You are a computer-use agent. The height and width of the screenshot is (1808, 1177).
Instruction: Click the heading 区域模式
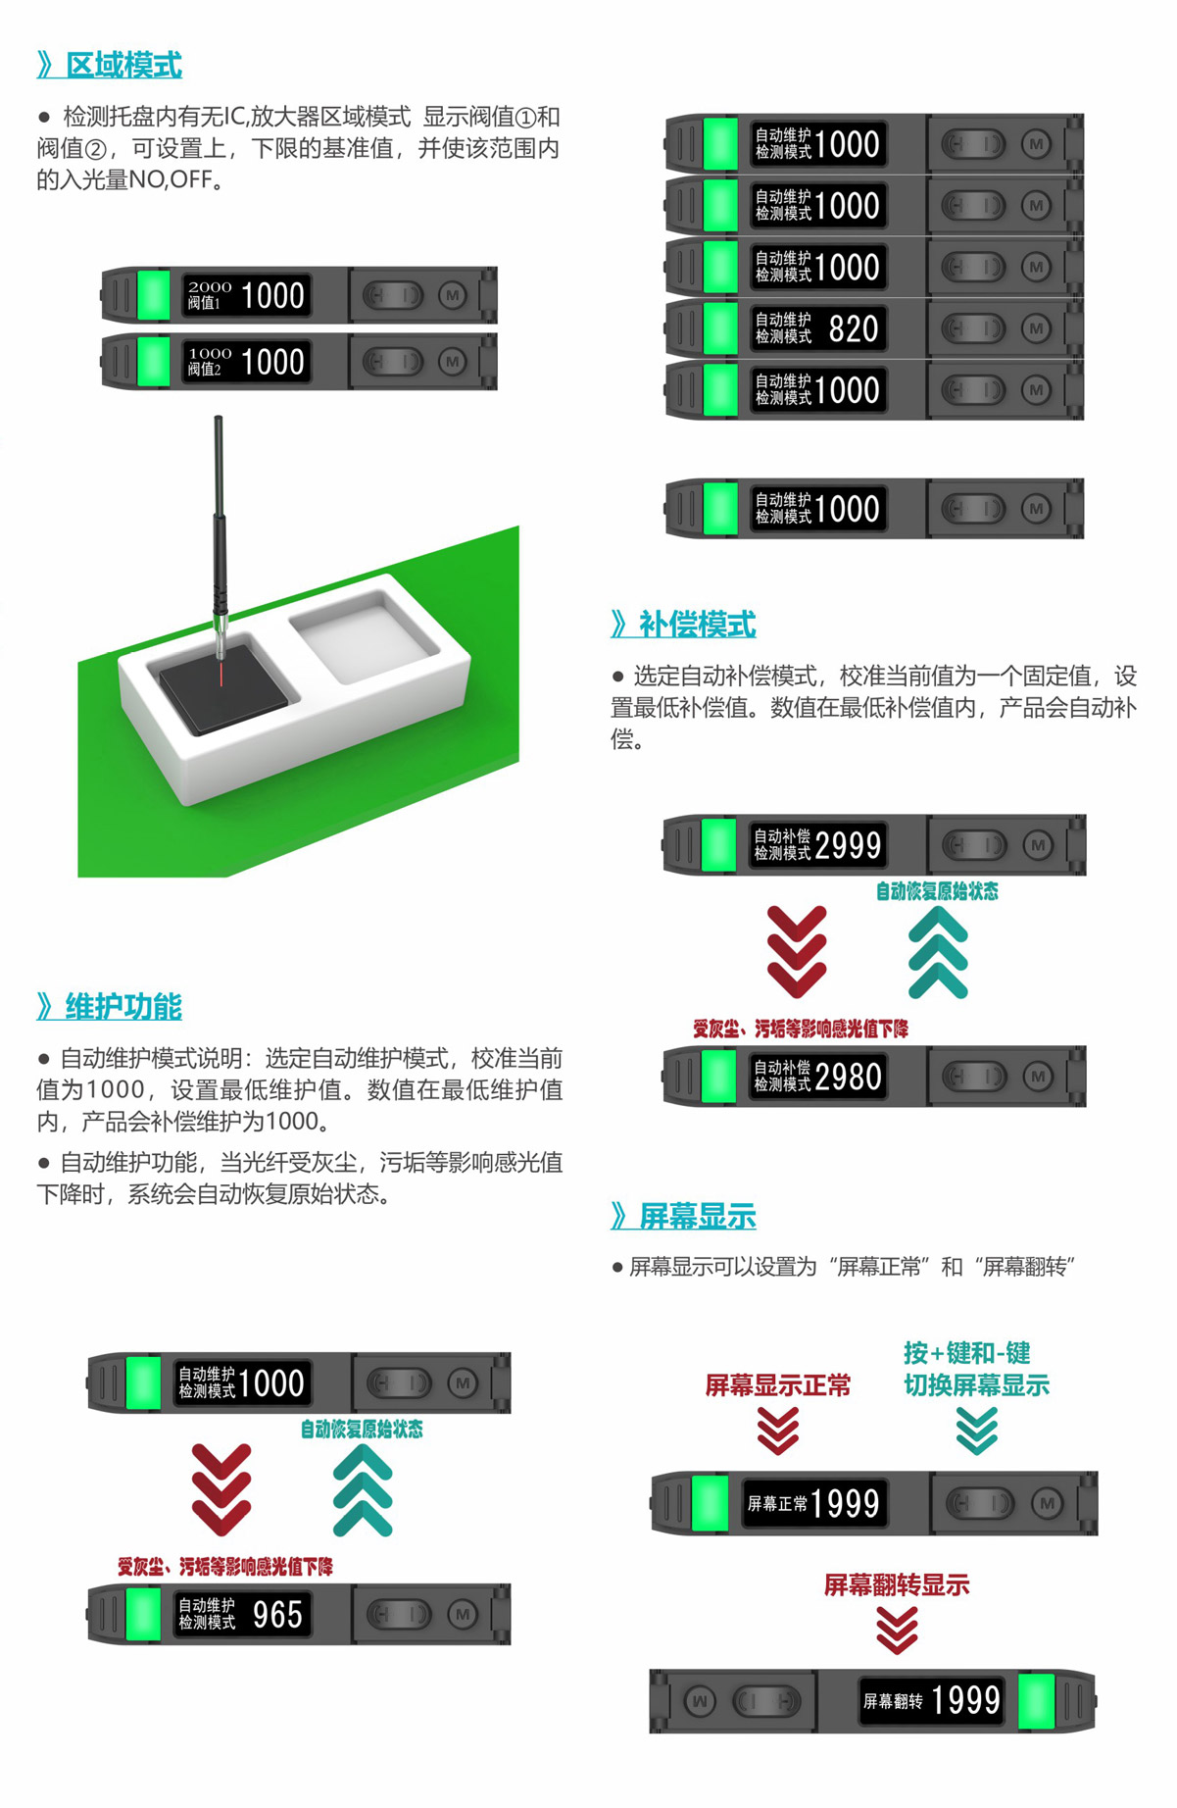click(x=123, y=66)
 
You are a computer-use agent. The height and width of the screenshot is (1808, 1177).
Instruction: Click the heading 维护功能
click(x=123, y=1007)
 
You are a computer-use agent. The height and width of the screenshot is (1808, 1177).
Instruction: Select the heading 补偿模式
click(x=697, y=625)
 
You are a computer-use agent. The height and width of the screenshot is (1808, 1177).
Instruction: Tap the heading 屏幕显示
click(x=697, y=1217)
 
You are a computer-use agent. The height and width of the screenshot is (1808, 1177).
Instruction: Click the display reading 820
click(x=854, y=329)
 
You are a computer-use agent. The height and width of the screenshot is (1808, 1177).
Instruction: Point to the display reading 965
click(x=277, y=1615)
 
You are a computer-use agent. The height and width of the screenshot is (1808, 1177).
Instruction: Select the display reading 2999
click(x=848, y=845)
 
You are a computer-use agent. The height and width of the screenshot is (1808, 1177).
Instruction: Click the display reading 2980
click(x=848, y=1078)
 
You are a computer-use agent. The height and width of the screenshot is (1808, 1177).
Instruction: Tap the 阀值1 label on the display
click(x=204, y=304)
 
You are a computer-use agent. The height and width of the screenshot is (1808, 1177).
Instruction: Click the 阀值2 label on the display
click(x=204, y=370)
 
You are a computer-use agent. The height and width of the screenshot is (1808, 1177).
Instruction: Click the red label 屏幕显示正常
click(x=778, y=1385)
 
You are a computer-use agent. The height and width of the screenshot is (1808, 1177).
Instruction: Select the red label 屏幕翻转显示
click(x=897, y=1585)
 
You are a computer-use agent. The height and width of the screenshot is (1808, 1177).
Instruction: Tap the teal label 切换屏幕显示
click(x=976, y=1385)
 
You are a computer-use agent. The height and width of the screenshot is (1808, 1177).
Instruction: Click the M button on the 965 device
click(x=463, y=1614)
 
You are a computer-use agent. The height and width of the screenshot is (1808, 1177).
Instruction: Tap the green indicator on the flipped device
click(x=1037, y=1701)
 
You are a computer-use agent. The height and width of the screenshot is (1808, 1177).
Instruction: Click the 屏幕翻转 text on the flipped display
click(x=892, y=1701)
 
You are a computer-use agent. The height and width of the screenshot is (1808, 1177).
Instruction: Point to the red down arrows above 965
click(x=221, y=1488)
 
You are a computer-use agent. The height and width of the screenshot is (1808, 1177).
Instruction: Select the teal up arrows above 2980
click(x=938, y=953)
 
